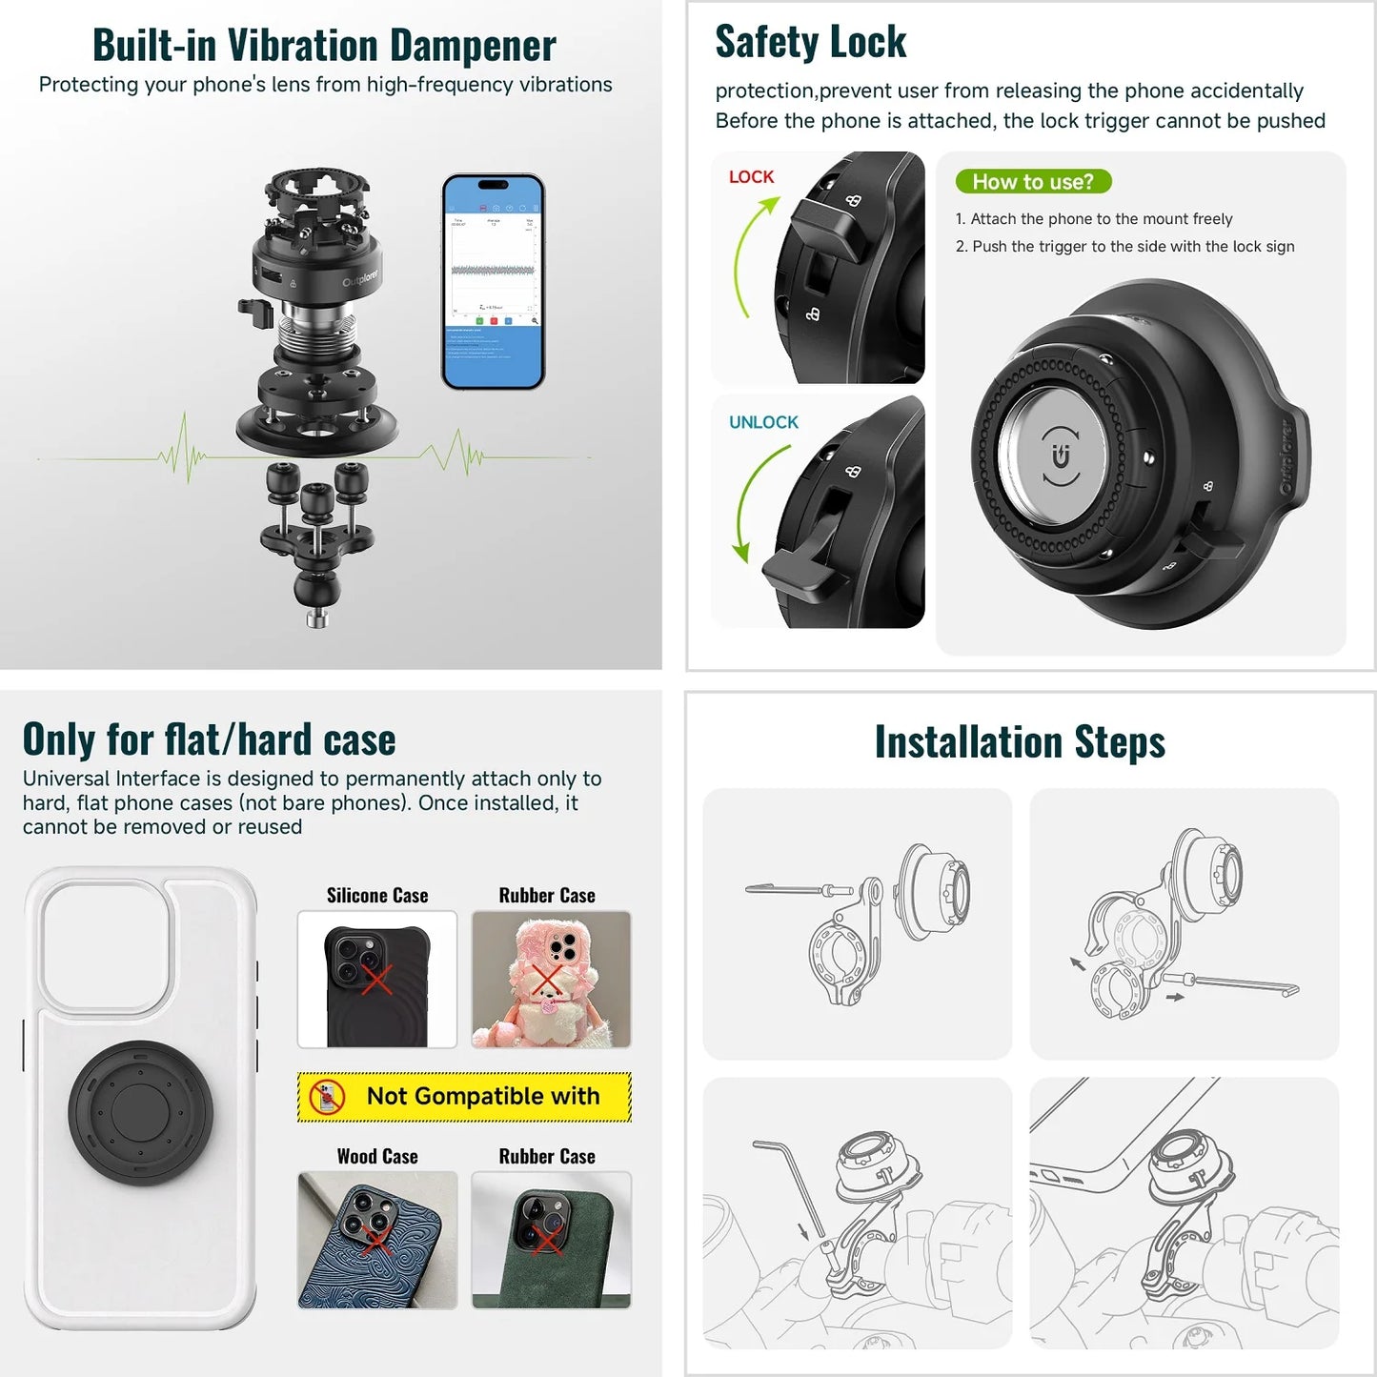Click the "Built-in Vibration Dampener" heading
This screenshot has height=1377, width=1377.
click(324, 45)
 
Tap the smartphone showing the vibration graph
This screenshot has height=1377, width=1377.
click(493, 282)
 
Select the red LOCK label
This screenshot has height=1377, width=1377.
click(751, 177)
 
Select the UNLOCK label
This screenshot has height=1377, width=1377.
click(763, 422)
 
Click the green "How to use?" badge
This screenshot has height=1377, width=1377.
click(1033, 182)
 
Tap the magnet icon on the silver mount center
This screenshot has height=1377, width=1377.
click(1061, 456)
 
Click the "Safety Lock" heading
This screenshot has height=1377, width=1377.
click(810, 42)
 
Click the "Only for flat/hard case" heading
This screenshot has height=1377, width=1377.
click(209, 739)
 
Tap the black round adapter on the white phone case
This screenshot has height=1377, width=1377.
click(140, 1112)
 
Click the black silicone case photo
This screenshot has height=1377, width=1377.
click(377, 980)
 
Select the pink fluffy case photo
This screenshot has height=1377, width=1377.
click(551, 980)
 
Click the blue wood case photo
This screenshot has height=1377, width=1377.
click(377, 1240)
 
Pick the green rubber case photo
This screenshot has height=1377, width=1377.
click(551, 1240)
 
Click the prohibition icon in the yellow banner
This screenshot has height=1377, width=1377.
click(327, 1097)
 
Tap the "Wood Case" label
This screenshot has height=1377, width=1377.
click(377, 1156)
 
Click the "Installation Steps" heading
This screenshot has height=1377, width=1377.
click(1020, 742)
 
